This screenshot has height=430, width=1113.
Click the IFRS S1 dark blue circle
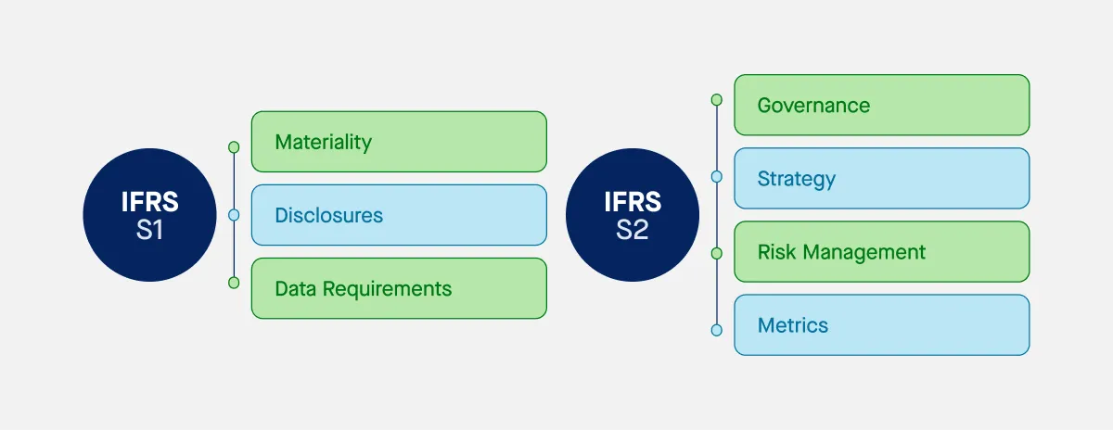coord(149,216)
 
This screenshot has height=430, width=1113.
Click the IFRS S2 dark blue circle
coord(632,216)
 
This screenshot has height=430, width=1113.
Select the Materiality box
coord(399,142)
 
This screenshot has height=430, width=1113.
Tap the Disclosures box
coord(399,215)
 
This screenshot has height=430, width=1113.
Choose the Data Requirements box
coord(399,288)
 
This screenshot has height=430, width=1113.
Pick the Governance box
coord(881,105)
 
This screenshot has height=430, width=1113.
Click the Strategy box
coord(881,178)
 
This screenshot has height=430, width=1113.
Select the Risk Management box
coord(881,251)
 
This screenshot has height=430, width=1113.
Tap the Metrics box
coord(881,325)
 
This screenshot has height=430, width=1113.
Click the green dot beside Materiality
coord(234,146)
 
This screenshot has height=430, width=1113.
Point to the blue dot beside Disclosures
coord(234,215)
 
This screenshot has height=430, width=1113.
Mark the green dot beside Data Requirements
coord(234,283)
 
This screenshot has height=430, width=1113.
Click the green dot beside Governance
coord(716,99)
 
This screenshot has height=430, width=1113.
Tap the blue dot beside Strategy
coord(716,176)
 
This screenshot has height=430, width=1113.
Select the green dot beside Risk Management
coord(716,253)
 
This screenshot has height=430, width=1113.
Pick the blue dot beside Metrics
coord(716,329)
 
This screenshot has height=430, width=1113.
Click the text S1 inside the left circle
coord(149,230)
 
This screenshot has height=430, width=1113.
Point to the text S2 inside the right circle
coord(632,230)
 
